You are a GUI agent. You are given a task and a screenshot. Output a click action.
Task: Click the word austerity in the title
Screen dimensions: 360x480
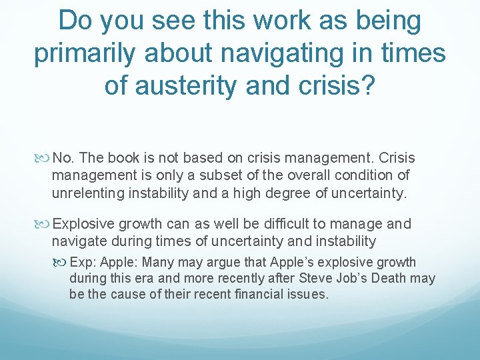[x=191, y=87]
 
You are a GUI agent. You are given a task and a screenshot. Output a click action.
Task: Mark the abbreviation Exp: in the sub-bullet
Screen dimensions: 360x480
[x=83, y=262]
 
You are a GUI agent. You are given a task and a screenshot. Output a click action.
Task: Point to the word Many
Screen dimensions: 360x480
[x=158, y=262]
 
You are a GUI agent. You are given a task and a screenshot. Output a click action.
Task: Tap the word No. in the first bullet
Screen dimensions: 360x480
[x=63, y=158]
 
